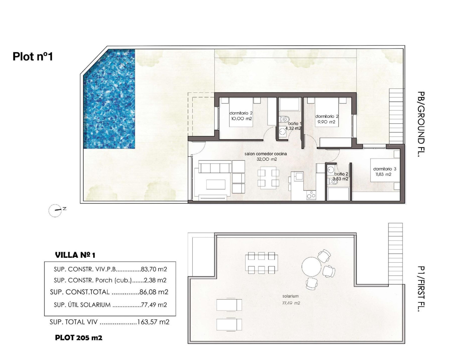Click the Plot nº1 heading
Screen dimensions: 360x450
pos(33,56)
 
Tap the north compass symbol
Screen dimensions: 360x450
pos(56,211)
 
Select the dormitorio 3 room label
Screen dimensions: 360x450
pos(384,169)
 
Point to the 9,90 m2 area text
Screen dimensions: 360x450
pos(327,122)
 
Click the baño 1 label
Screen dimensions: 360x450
pos(293,123)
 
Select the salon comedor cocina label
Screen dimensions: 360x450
pos(265,154)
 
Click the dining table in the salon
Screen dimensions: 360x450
pos(268,178)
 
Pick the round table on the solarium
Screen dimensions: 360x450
pos(311,267)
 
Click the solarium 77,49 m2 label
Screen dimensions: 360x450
pos(291,300)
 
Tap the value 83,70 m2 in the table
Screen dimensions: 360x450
pos(154,270)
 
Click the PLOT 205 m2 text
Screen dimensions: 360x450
pos(79,338)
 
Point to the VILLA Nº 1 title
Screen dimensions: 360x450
pos(75,255)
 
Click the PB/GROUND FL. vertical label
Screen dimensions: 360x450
pos(420,124)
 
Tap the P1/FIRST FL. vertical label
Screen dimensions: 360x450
pos(420,289)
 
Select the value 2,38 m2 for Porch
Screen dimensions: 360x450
pos(155,280)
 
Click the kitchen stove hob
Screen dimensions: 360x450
pos(311,195)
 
